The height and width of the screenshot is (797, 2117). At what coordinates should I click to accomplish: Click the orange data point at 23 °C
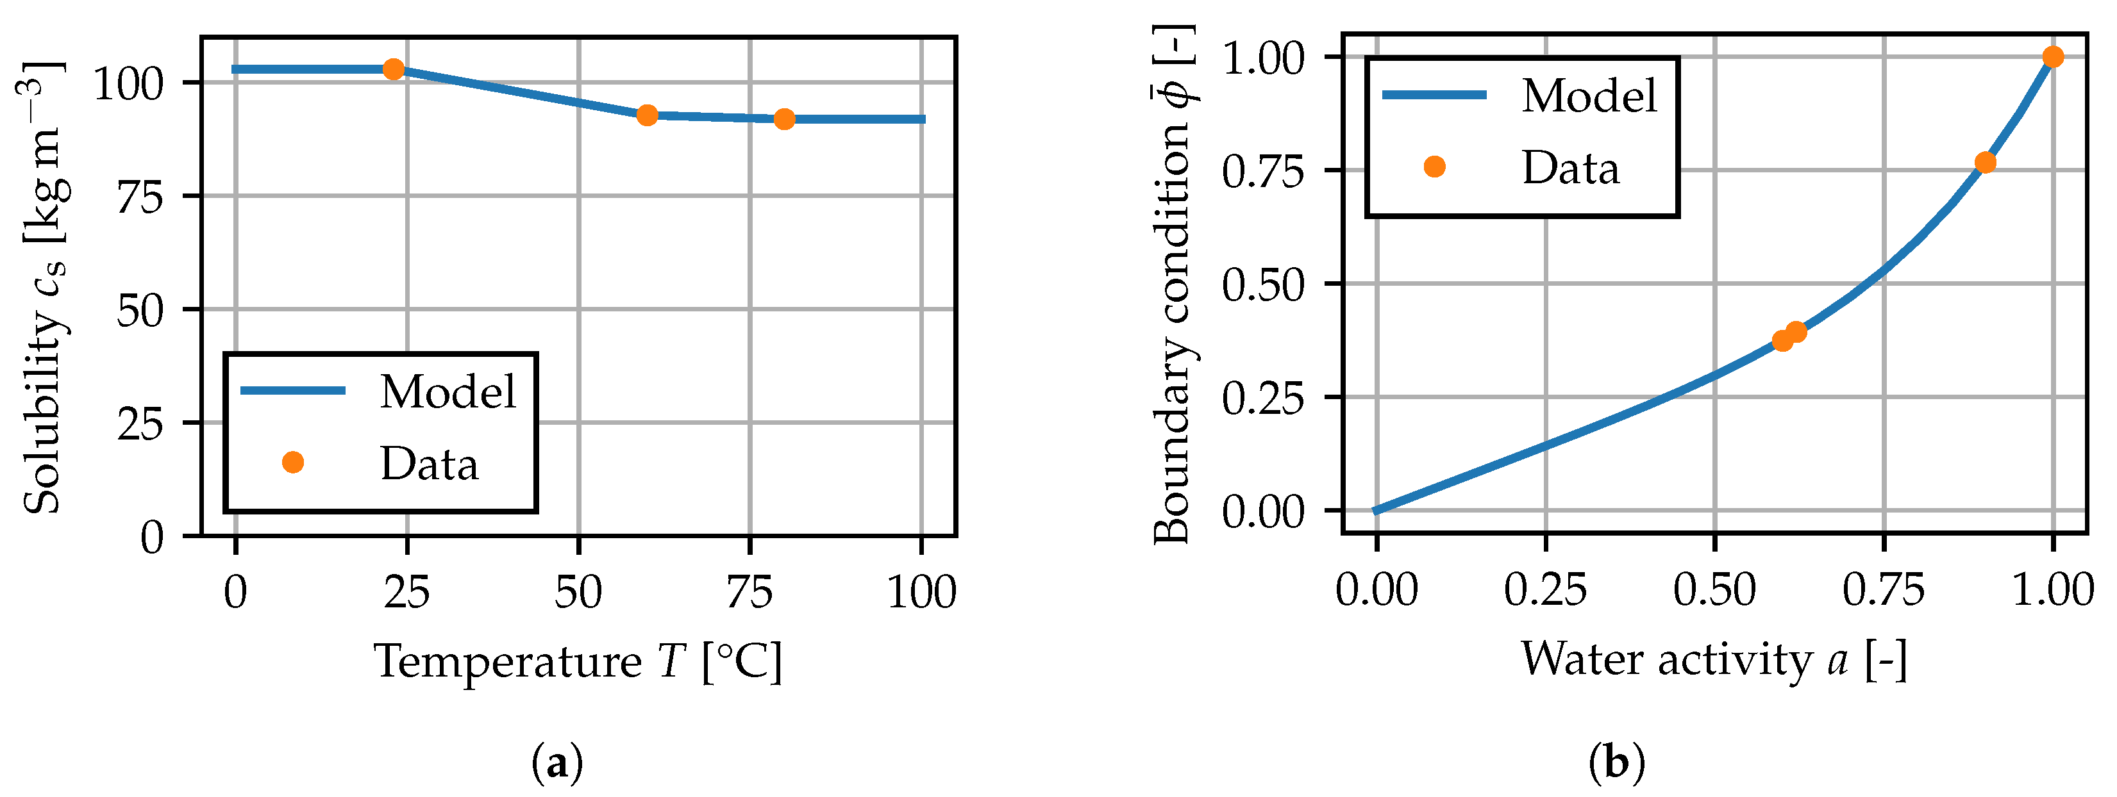click(394, 70)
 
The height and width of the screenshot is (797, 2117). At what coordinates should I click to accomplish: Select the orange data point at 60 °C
click(648, 115)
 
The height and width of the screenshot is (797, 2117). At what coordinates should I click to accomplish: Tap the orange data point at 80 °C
click(785, 119)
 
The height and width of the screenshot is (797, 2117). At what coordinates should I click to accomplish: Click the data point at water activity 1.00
click(2053, 56)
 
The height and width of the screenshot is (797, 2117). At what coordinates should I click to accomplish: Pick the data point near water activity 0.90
click(1986, 162)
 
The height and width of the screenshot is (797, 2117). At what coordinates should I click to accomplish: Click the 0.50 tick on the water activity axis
click(1714, 591)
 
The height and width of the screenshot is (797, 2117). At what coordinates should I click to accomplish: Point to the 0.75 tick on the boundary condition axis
click(1263, 172)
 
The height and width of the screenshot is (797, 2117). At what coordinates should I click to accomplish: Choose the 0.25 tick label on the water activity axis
click(1545, 591)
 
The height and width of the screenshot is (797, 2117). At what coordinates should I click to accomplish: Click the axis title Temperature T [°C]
click(578, 661)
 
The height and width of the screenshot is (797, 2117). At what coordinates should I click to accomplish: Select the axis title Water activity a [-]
click(1714, 660)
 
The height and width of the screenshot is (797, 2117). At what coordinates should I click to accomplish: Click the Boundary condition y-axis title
click(1173, 283)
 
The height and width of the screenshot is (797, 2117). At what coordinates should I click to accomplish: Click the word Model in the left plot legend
click(448, 392)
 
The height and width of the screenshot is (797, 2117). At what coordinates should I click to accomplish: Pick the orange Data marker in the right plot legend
click(1434, 167)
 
